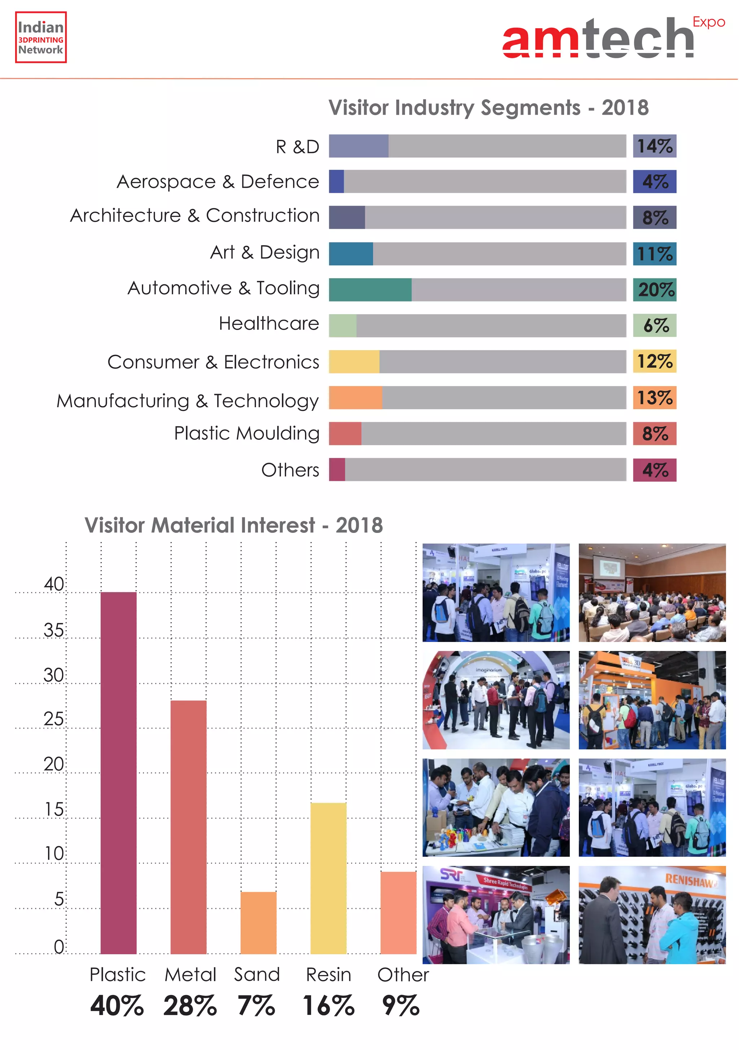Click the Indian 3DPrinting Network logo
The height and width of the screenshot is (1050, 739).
pos(41,38)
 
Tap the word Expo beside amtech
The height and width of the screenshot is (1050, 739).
pos(708,22)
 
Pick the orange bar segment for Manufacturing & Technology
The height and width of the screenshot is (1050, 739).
pos(355,398)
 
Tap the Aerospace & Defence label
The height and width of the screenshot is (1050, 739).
pos(218,182)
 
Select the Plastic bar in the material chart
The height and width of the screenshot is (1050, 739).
pos(118,773)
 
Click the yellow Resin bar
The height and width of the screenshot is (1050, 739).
pos(328,878)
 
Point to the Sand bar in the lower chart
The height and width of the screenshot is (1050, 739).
pos(258,923)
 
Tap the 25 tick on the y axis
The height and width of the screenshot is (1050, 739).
pos(53,719)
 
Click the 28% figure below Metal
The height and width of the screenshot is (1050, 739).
pos(190,1006)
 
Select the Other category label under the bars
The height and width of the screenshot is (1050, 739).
pos(403,975)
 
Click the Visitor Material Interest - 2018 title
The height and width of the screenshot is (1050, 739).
pos(233,525)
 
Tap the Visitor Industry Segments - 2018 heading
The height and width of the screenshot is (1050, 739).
pos(488,108)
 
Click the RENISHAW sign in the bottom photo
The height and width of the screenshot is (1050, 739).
pos(690,880)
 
